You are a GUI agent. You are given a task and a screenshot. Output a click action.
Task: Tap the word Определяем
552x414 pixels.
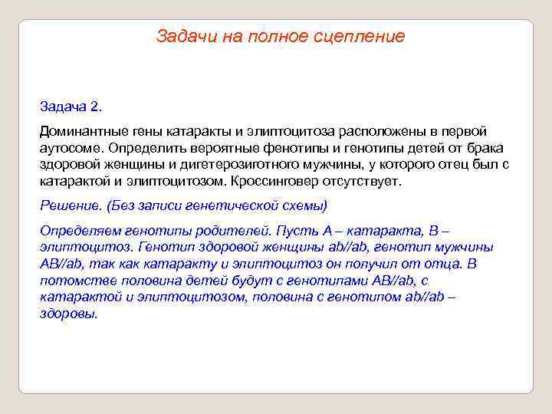(78, 231)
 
